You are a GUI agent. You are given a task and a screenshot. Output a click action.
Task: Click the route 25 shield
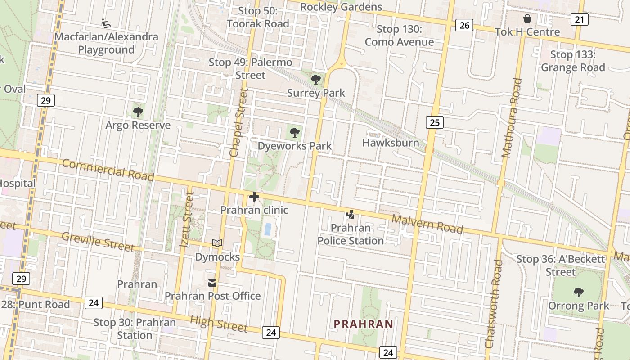[x=434, y=122]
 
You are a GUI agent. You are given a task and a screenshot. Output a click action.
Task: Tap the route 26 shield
[x=464, y=25]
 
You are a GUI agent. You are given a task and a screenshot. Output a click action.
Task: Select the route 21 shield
[x=580, y=19]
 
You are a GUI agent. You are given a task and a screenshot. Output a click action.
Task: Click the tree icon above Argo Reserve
[x=138, y=112]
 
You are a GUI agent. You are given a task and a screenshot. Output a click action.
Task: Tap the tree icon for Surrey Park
[x=316, y=80]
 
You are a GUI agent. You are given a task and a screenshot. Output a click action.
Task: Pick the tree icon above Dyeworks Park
[x=294, y=133]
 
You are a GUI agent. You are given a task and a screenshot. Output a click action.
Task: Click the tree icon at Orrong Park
[x=578, y=292]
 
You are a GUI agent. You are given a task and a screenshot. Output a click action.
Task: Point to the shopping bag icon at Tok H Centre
[x=527, y=18]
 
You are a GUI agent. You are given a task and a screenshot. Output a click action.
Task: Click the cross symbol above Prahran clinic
[x=254, y=197]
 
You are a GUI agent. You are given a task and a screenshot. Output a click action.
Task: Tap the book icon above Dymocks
[x=217, y=243]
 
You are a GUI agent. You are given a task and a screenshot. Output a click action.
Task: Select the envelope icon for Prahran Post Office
[x=212, y=283]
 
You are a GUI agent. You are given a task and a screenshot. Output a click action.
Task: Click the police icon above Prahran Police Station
[x=350, y=215]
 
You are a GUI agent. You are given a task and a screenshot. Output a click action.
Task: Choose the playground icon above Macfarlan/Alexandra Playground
[x=106, y=23]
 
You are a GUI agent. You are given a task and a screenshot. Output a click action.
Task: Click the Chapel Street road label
[x=238, y=122]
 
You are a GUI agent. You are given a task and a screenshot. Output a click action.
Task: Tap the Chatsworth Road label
[x=493, y=304]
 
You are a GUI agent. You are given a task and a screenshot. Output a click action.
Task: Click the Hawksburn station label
[x=391, y=143]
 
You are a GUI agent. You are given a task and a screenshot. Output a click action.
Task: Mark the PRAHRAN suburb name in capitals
[x=364, y=324]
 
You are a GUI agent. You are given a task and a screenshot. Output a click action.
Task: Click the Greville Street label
[x=98, y=242]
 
